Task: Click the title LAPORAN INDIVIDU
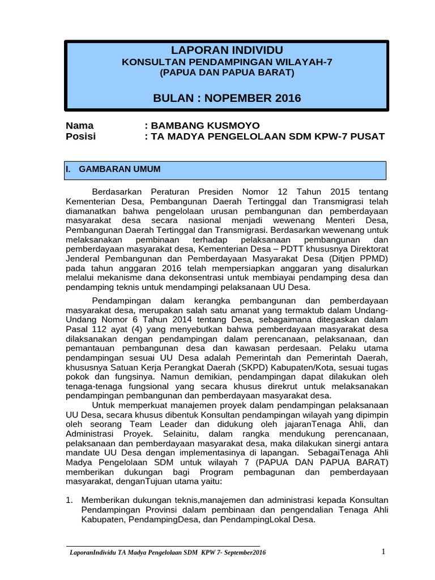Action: point(227,50)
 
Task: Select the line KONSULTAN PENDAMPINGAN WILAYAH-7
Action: point(227,62)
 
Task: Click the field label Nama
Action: point(80,126)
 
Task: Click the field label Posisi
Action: point(81,137)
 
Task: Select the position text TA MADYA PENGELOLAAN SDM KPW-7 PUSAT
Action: point(268,137)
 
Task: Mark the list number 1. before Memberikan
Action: point(70,501)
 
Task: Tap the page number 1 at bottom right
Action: point(383,552)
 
